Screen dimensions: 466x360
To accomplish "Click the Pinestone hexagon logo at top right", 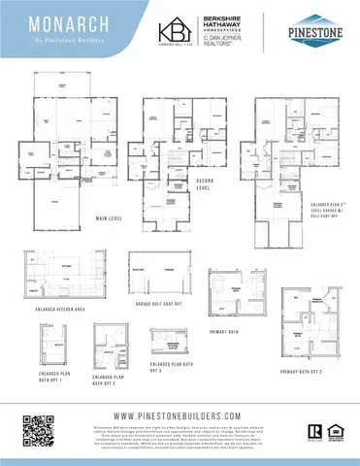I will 312,31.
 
